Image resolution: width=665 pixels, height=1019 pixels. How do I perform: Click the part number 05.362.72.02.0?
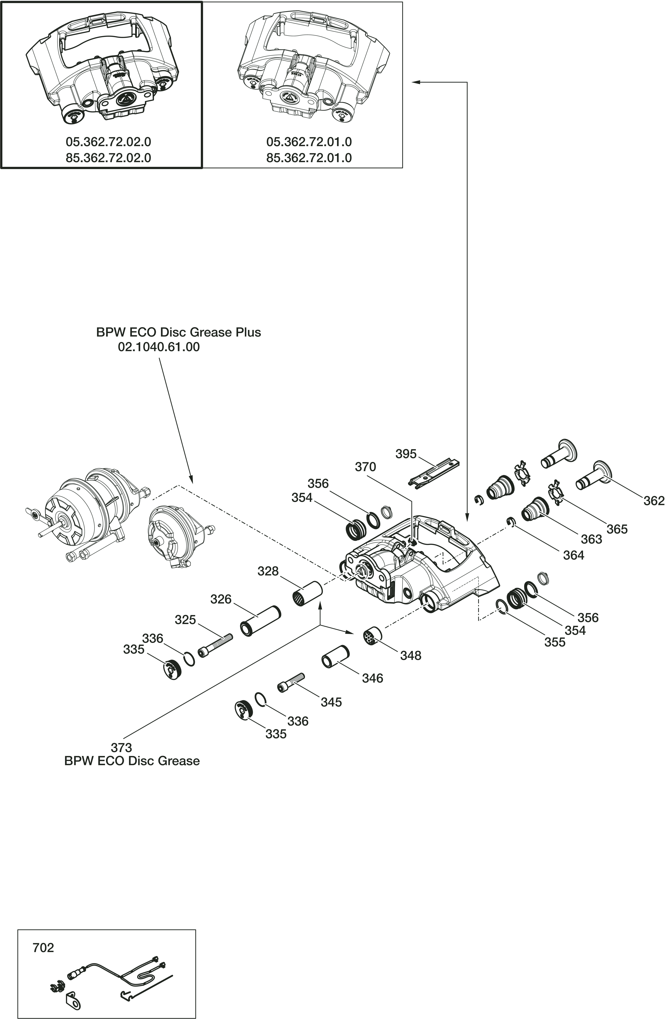click(x=108, y=142)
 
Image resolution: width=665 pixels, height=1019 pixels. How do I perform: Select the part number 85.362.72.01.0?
click(x=309, y=158)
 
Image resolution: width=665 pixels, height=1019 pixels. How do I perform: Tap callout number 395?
click(x=406, y=454)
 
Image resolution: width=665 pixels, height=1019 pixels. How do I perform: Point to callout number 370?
click(x=365, y=467)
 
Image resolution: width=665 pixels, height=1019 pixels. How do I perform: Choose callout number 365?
click(x=617, y=529)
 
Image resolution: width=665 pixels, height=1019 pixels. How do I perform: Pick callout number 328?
click(x=268, y=571)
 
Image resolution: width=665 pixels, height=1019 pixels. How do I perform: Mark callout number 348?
click(x=410, y=656)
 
